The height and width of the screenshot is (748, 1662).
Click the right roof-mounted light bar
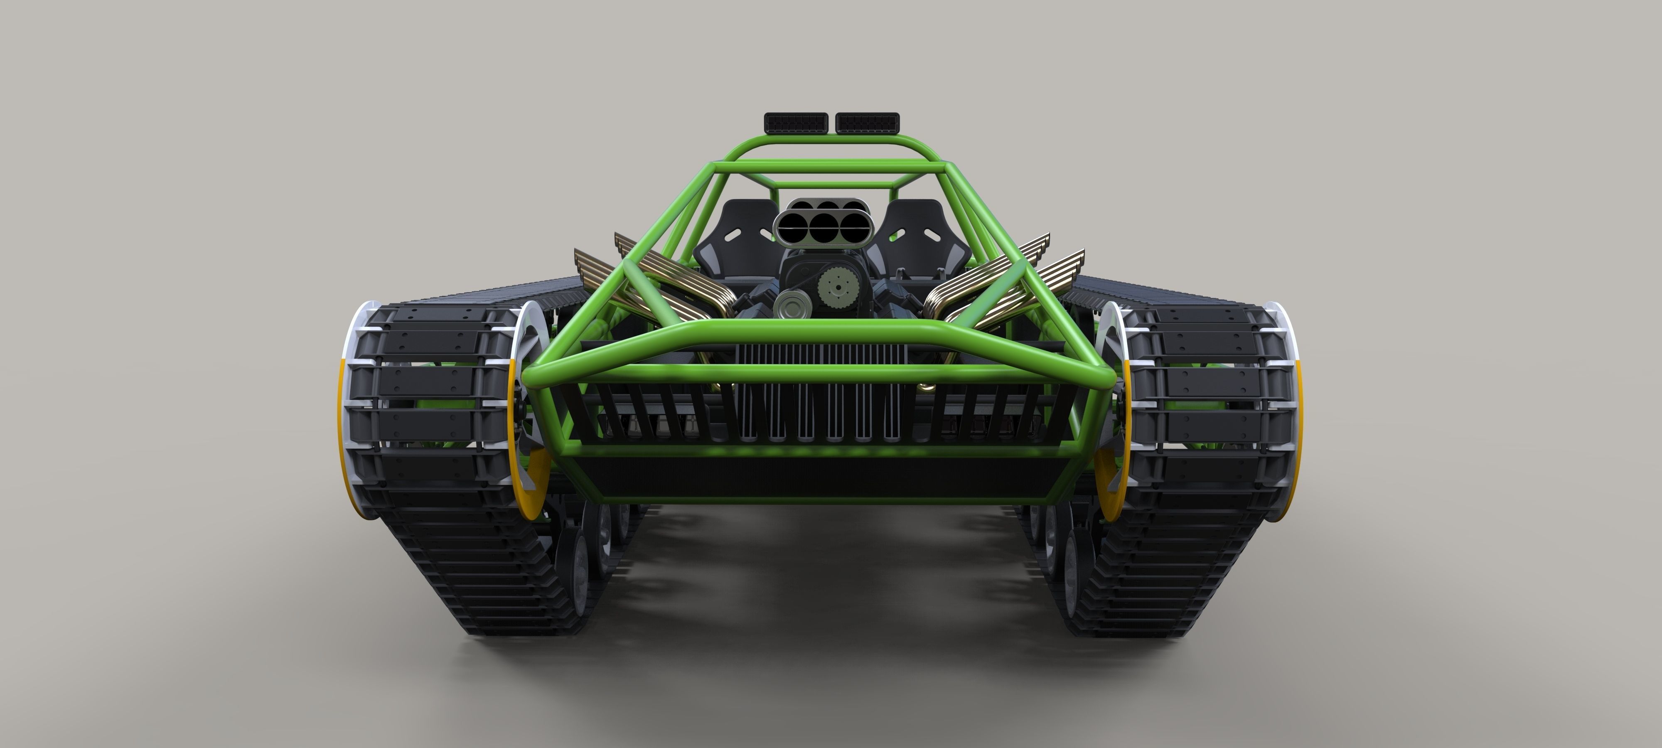click(x=868, y=121)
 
